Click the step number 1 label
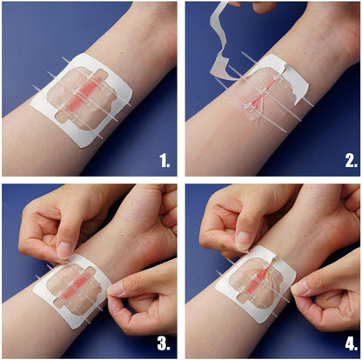[x=163, y=159]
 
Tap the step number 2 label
[x=344, y=159]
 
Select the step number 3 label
[x=163, y=341]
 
